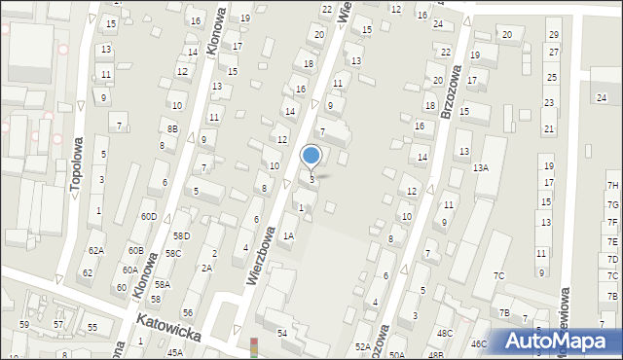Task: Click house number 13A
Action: coord(481,168)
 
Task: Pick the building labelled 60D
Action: coord(148,216)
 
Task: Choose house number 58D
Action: coord(181,236)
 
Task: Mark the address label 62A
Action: coord(95,251)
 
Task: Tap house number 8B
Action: coord(172,128)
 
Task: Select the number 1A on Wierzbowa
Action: coord(288,235)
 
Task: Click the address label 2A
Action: coord(206,268)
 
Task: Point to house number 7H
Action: coord(612,186)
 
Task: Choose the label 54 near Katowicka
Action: coord(282,334)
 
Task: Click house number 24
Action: coord(602,97)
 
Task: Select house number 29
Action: coord(553,35)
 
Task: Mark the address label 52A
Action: coord(362,346)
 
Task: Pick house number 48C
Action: coord(445,334)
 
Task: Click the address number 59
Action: coord(24,323)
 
